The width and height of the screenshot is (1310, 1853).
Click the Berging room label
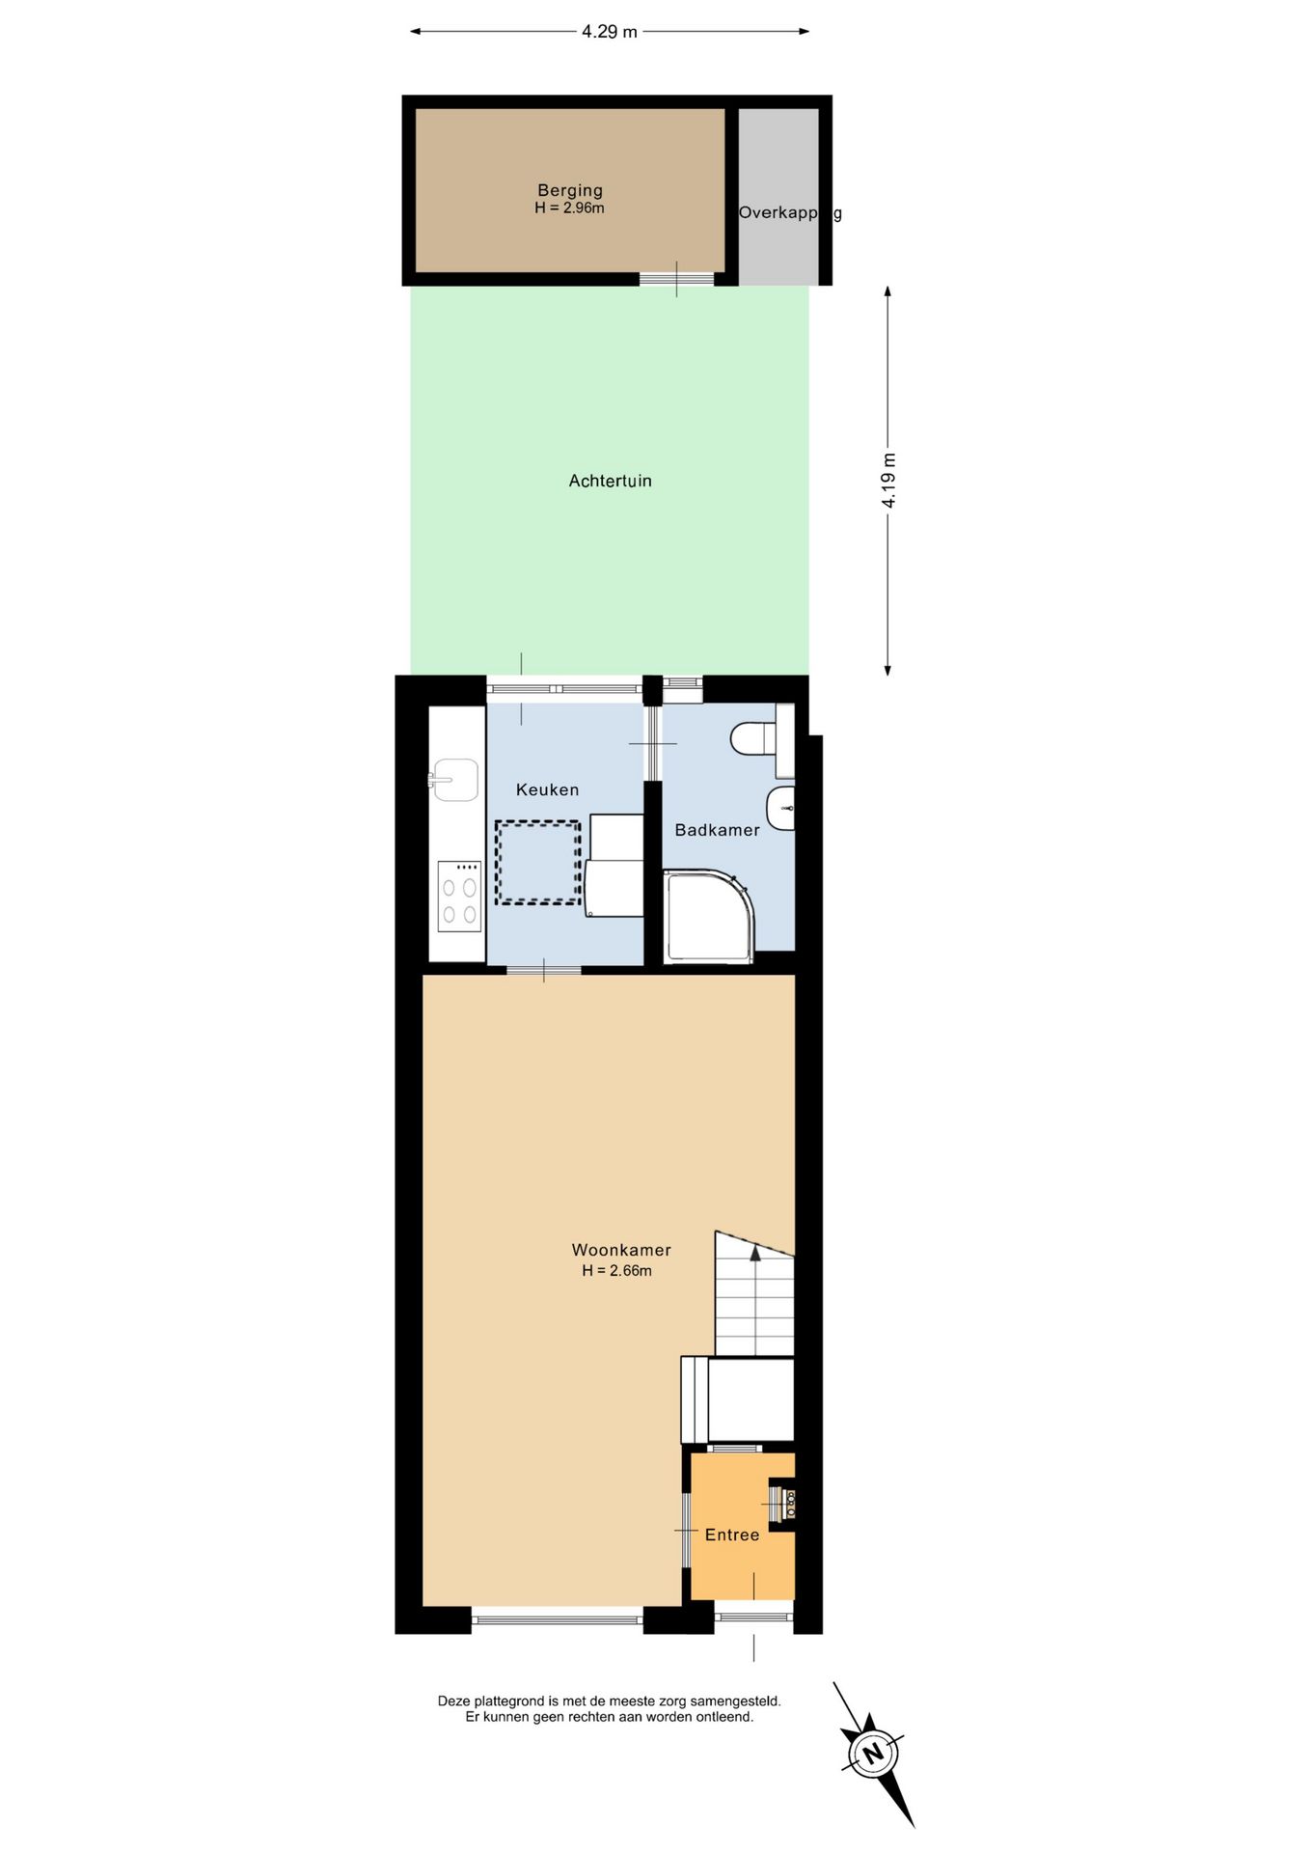click(x=570, y=191)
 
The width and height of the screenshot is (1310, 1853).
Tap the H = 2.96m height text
click(x=569, y=208)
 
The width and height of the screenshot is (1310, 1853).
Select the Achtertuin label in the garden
click(x=610, y=481)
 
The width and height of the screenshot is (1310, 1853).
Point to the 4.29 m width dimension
click(x=610, y=32)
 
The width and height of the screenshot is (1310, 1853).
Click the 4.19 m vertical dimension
click(x=888, y=481)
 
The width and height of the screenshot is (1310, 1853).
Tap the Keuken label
click(x=547, y=789)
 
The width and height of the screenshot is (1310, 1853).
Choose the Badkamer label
click(x=717, y=830)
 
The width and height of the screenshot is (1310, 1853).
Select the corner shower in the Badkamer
click(x=709, y=916)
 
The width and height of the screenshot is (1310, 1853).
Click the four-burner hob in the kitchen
click(x=459, y=897)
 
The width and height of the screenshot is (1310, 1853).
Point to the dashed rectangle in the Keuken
click(x=538, y=863)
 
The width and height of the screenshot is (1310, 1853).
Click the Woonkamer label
click(x=621, y=1250)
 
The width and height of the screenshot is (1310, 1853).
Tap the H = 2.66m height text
click(x=616, y=1271)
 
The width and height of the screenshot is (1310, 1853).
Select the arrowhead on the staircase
click(x=755, y=1253)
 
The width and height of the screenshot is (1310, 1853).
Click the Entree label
click(x=732, y=1535)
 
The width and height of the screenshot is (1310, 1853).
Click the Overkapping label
click(x=790, y=213)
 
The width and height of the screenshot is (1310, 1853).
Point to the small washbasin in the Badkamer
click(x=781, y=809)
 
